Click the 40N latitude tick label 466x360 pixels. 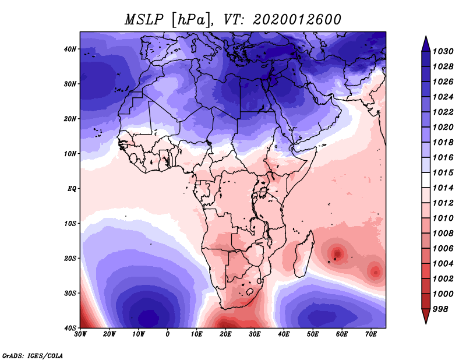click(x=70, y=49)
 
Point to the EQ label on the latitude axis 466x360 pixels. click(x=72, y=189)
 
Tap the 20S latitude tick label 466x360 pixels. click(x=70, y=258)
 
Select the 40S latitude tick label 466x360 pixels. click(x=70, y=328)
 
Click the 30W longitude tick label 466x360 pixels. click(x=80, y=334)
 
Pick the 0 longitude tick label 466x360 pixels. click(x=168, y=334)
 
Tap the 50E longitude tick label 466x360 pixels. click(x=313, y=334)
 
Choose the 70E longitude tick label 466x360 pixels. click(x=371, y=334)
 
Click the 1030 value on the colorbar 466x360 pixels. click(x=443, y=52)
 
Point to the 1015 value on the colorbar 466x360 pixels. click(x=443, y=173)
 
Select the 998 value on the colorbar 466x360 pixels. click(x=440, y=309)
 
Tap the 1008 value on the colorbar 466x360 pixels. click(x=443, y=234)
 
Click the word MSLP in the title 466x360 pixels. click(x=144, y=20)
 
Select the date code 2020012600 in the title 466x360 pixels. click(x=297, y=20)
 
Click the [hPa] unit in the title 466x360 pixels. click(x=191, y=20)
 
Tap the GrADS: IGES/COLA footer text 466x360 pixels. click(x=33, y=356)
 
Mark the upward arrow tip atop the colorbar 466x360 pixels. click(x=426, y=37)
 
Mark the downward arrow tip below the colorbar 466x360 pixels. click(x=426, y=323)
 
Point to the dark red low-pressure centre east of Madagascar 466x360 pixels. click(x=337, y=253)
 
